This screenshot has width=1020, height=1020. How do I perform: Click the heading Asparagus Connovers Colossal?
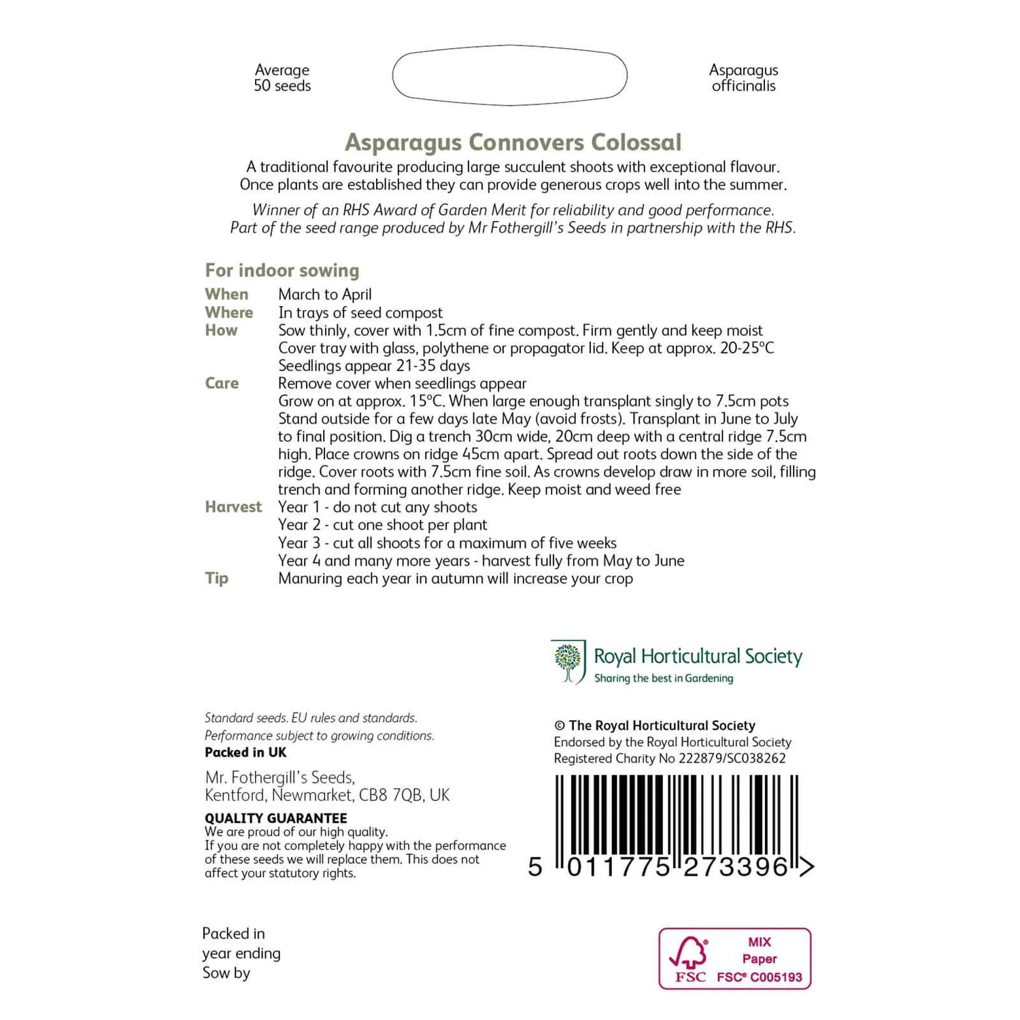[x=513, y=142]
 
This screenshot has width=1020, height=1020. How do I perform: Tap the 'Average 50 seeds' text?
[x=282, y=78]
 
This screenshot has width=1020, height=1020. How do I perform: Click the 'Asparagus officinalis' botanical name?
[x=743, y=78]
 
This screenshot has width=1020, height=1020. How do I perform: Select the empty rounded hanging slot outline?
[x=509, y=75]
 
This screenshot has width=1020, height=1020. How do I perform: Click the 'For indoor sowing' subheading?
[x=282, y=270]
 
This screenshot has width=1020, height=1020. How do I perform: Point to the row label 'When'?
[x=226, y=294]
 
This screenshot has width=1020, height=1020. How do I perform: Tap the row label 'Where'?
[x=228, y=312]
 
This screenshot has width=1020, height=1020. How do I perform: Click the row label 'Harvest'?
[x=233, y=507]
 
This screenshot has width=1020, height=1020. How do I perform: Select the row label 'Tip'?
[x=216, y=578]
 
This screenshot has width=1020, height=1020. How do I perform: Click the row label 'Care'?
[x=222, y=383]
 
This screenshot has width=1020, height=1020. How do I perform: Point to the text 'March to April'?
[x=325, y=294]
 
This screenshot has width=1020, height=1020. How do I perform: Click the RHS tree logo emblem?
[x=568, y=661]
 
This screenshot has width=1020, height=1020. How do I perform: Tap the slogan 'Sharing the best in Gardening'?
[x=664, y=678]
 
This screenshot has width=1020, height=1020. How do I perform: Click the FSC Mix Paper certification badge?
[x=734, y=959]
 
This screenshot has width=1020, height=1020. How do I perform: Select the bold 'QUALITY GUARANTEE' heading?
[x=275, y=818]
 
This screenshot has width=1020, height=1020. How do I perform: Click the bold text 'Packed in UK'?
[x=245, y=752]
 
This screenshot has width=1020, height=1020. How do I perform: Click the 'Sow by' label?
[x=226, y=973]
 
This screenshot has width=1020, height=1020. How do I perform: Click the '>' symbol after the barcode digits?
[x=806, y=867]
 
